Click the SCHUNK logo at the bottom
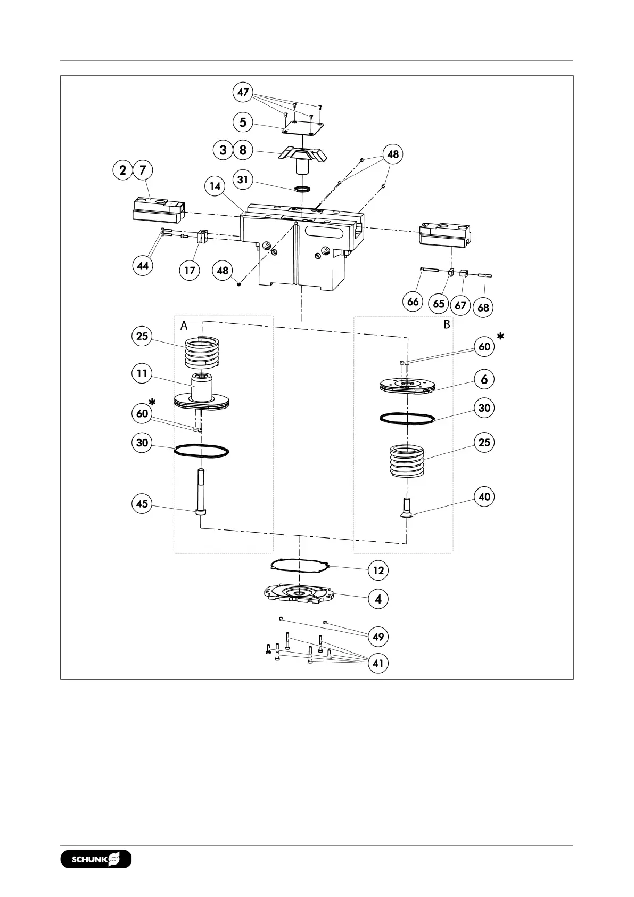[96, 859]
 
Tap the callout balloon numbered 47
[243, 92]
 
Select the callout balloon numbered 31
[243, 180]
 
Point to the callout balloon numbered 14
[215, 186]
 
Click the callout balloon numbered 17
[190, 270]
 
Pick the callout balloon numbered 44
[143, 265]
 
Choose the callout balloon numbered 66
[413, 301]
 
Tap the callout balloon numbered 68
[483, 307]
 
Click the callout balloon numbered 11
[142, 373]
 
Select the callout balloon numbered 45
[142, 504]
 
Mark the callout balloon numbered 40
[484, 497]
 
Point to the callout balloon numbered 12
[378, 570]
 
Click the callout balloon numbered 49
[378, 637]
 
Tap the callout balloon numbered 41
[378, 664]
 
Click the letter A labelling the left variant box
[184, 325]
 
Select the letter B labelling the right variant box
[447, 324]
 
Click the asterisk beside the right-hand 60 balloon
[500, 337]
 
